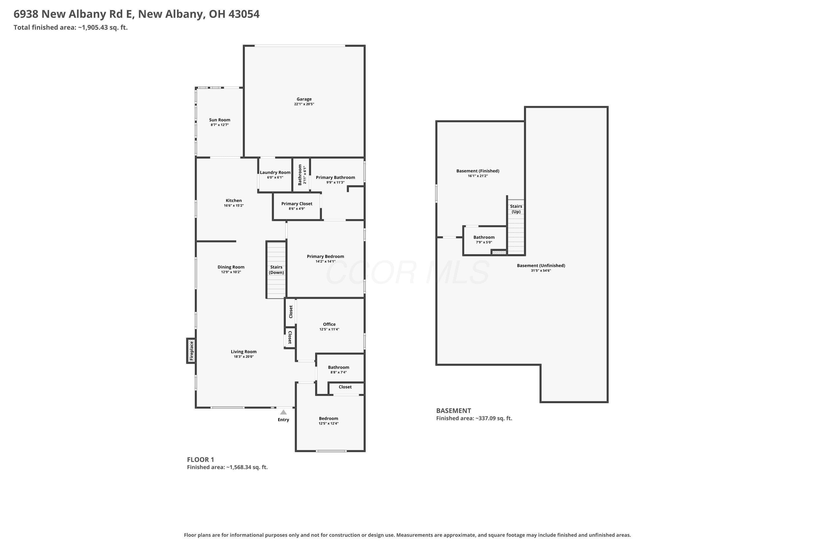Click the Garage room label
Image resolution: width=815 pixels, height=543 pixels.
(x=304, y=99)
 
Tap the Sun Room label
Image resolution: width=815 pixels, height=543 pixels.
(x=220, y=120)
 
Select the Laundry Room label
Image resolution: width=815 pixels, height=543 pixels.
(x=275, y=172)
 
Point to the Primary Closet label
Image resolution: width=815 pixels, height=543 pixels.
(x=297, y=204)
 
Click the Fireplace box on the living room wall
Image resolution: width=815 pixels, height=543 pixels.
(x=191, y=351)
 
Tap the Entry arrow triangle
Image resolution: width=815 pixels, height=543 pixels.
(x=283, y=412)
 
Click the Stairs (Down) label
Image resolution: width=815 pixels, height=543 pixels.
(x=277, y=270)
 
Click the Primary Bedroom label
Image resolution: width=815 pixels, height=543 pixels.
(x=325, y=256)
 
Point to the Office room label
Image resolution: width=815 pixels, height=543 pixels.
(x=329, y=324)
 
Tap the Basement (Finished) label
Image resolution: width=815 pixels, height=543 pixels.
(x=478, y=171)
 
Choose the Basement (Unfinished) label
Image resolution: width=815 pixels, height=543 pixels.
(x=541, y=266)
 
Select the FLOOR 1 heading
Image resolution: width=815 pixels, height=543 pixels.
(x=201, y=460)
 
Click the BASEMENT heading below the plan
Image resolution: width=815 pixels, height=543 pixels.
(x=454, y=411)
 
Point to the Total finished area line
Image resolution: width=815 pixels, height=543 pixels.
(x=71, y=27)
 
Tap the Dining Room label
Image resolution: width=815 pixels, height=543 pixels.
(x=231, y=267)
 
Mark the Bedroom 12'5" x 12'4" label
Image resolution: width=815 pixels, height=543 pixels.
(x=328, y=421)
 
